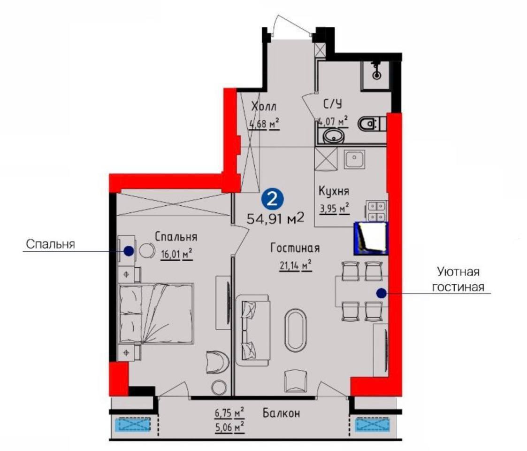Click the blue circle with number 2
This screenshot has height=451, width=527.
(272, 199)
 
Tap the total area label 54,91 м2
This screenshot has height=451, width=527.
(275, 218)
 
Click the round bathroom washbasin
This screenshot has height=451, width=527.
(334, 136)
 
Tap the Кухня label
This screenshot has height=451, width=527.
(334, 191)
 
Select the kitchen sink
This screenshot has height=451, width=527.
(354, 160)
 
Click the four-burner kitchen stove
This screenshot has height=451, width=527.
(376, 210)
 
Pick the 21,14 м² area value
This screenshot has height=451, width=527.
(296, 265)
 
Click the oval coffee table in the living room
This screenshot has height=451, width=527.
(296, 331)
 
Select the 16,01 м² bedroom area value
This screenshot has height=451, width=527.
(176, 254)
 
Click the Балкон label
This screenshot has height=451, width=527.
(281, 413)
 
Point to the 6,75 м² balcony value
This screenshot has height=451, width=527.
(229, 412)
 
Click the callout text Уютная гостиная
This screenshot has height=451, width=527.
(458, 280)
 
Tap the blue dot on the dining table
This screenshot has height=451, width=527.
(381, 294)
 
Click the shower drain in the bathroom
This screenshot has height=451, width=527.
(376, 75)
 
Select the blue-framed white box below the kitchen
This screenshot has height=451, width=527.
(371, 238)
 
